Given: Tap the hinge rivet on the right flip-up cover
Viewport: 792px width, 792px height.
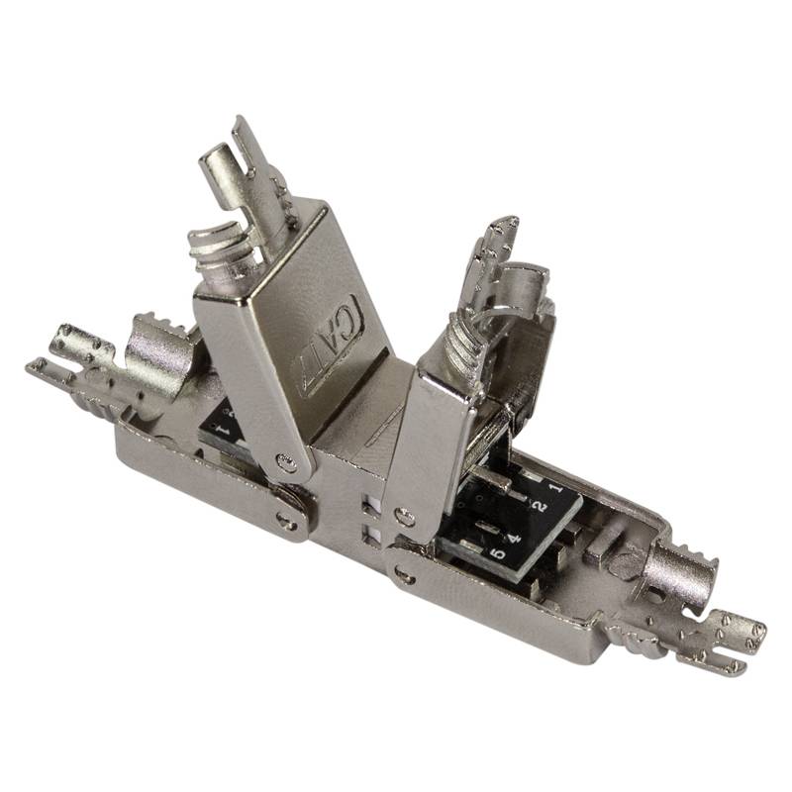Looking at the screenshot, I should click(x=403, y=515).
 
